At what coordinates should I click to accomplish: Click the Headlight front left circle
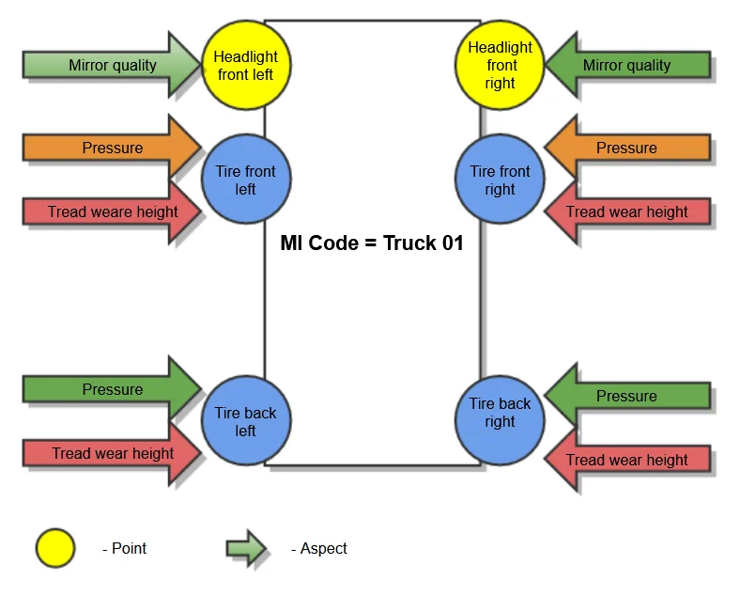tap(246, 65)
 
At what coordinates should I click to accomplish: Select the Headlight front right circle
tap(500, 65)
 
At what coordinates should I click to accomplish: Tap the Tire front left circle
tap(246, 180)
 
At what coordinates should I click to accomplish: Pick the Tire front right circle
tap(500, 180)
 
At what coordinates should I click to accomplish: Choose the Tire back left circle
tap(246, 421)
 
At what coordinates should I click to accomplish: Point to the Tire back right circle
tap(500, 413)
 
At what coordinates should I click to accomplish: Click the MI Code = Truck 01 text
tap(372, 243)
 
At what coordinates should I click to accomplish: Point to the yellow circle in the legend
tap(55, 548)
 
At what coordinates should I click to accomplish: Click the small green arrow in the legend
tap(246, 548)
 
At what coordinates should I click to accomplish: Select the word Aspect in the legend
tap(324, 548)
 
